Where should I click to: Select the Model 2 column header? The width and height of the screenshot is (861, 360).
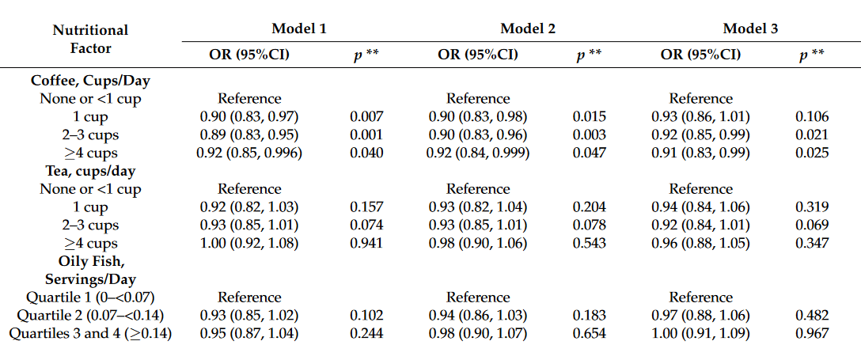coord(528,28)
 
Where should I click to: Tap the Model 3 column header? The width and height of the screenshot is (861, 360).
coord(750,28)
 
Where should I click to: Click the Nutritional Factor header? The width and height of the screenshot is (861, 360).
coord(90,39)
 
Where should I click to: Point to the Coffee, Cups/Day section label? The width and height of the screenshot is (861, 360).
coord(90,81)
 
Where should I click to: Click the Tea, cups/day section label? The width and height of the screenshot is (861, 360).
coord(90,171)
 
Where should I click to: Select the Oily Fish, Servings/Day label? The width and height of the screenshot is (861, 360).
coord(90,270)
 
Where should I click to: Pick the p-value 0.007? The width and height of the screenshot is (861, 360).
coord(367,116)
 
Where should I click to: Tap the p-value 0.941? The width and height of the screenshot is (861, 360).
coord(367,243)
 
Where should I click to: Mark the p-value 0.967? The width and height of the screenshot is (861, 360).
coord(812,334)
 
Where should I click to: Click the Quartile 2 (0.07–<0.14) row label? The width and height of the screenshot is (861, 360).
coord(90,316)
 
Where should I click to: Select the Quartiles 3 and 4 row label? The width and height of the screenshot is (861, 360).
coord(90,334)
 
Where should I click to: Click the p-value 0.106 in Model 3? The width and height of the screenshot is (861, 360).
coord(812,116)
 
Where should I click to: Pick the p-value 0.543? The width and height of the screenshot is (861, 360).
coord(590,243)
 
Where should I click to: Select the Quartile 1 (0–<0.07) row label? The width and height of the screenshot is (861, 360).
coord(90,297)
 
